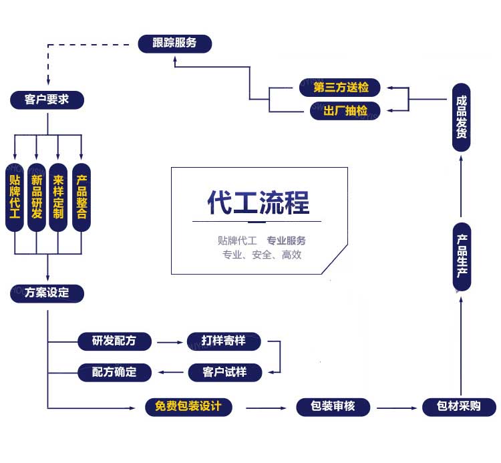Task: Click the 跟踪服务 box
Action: point(174,43)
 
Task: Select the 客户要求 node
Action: point(47,100)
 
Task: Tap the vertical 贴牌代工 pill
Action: point(15,196)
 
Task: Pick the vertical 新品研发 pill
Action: point(37,196)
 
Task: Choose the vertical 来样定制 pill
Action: point(59,196)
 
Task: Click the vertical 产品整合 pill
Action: point(81,196)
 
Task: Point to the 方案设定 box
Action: point(47,293)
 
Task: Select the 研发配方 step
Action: point(114,341)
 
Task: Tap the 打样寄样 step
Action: point(223,341)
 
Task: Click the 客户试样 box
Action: point(223,372)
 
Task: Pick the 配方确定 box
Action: point(114,372)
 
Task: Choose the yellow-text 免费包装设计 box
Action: point(188,407)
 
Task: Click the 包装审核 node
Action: point(333,407)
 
